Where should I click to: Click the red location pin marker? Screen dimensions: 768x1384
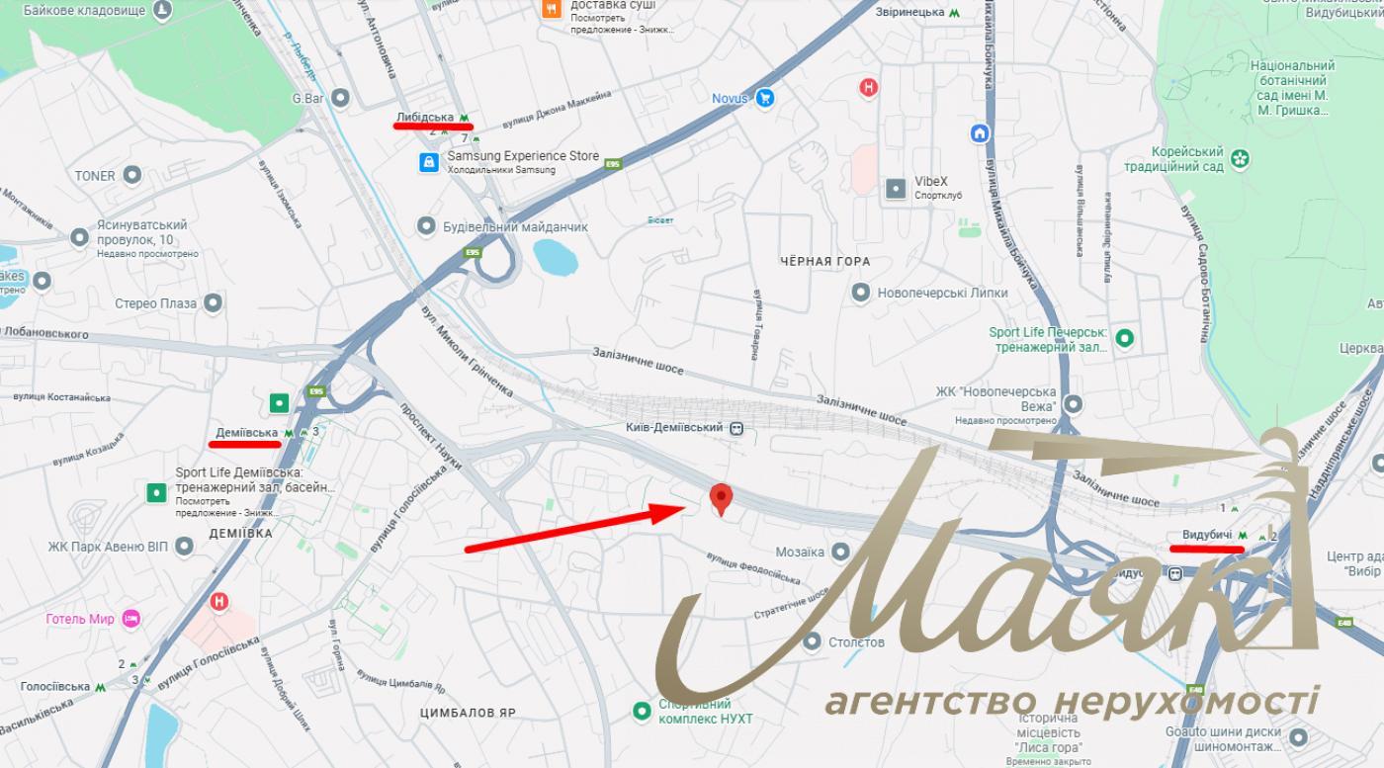[x=722, y=498]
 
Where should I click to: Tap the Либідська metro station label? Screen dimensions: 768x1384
[x=425, y=118]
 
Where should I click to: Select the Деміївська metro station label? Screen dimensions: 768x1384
[x=247, y=433]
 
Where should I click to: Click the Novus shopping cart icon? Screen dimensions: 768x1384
[x=764, y=98]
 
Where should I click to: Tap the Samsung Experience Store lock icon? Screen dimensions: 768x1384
[x=428, y=162]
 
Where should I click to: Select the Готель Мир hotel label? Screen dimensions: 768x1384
[x=81, y=619]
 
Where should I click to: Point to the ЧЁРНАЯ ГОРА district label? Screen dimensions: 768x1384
[x=824, y=261]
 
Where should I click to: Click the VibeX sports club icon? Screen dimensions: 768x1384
[x=895, y=187]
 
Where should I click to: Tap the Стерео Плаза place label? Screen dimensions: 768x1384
[x=156, y=303]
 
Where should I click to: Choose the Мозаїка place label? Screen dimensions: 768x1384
[x=800, y=552]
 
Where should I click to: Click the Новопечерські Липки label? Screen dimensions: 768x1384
[x=943, y=293]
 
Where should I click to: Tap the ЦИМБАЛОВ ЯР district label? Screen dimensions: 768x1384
[x=468, y=713]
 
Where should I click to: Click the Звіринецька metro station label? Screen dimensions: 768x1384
[x=910, y=12]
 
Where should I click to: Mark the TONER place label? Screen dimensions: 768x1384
[x=95, y=176]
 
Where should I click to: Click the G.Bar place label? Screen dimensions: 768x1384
[x=308, y=98]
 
